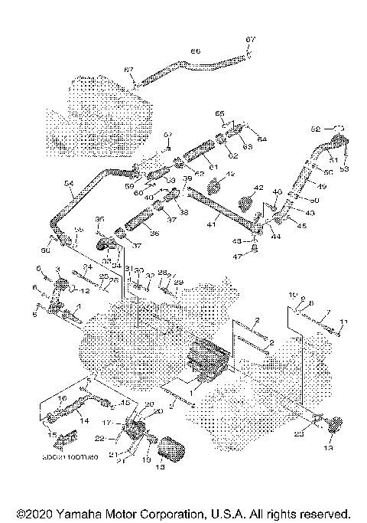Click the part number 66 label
[x=195, y=51]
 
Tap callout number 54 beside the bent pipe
[x=68, y=184]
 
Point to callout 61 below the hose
[x=213, y=166]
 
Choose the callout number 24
[x=87, y=267]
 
